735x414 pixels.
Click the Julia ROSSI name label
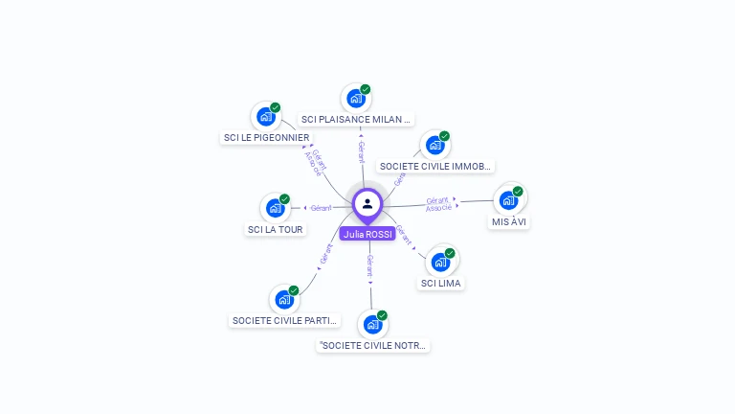point(367,234)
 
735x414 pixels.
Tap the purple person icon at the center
point(367,203)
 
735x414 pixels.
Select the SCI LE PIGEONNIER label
point(266,137)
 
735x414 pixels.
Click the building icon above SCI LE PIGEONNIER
point(266,117)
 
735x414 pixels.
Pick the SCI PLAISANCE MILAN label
point(356,120)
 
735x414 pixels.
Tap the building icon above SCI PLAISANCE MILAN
point(356,98)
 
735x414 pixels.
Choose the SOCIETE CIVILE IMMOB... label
point(435,166)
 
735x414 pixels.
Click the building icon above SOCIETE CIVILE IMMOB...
point(435,145)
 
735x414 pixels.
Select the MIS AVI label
point(509,221)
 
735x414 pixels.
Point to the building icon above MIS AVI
point(508,200)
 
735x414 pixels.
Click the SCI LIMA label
point(441,283)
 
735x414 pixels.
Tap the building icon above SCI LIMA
point(440,262)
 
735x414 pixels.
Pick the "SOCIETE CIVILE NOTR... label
point(373,345)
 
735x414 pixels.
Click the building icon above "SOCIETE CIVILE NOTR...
point(372,324)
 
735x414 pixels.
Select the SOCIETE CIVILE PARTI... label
point(285,320)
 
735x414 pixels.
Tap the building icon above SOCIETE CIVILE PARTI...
point(284,299)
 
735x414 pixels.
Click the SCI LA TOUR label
point(275,229)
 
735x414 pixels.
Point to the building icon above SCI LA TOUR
point(275,208)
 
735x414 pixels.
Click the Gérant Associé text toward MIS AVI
point(438,203)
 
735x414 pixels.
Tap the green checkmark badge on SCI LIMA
point(450,253)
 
